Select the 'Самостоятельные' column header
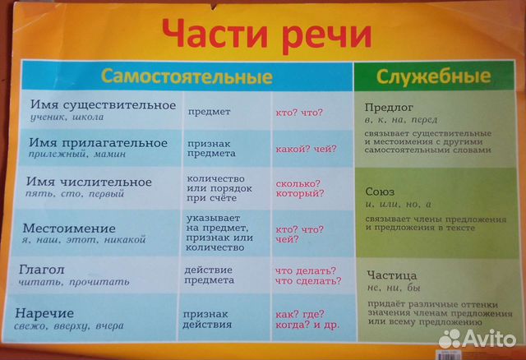(x=187, y=77)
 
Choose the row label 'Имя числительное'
(x=90, y=182)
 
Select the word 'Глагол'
(x=48, y=270)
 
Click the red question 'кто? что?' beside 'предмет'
(x=299, y=111)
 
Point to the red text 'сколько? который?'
(x=299, y=188)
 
